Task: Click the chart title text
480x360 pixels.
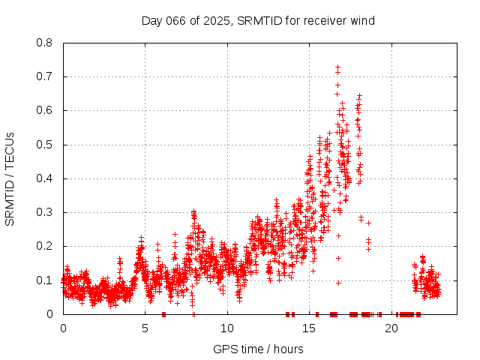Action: pyautogui.click(x=258, y=20)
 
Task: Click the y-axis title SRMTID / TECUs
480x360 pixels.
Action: pyautogui.click(x=10, y=178)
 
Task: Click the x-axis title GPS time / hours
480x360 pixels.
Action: pyautogui.click(x=258, y=349)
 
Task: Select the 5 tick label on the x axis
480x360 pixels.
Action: pyautogui.click(x=145, y=328)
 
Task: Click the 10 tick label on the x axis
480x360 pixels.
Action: pyautogui.click(x=227, y=328)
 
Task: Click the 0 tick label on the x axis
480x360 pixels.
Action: pyautogui.click(x=63, y=328)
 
